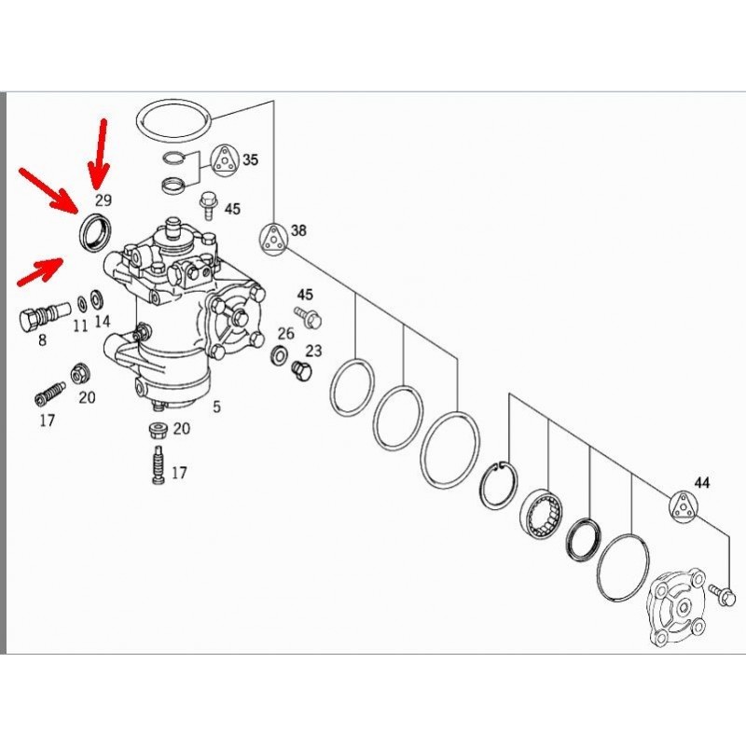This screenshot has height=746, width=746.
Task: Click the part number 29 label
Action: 104,200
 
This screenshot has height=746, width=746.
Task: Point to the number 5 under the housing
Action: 217,407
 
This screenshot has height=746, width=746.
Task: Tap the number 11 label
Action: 80,325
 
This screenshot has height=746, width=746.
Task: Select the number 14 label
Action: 102,322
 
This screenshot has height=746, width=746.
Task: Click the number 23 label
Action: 313,351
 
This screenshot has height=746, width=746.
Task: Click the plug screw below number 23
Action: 301,372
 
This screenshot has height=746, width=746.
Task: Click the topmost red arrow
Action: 100,149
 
